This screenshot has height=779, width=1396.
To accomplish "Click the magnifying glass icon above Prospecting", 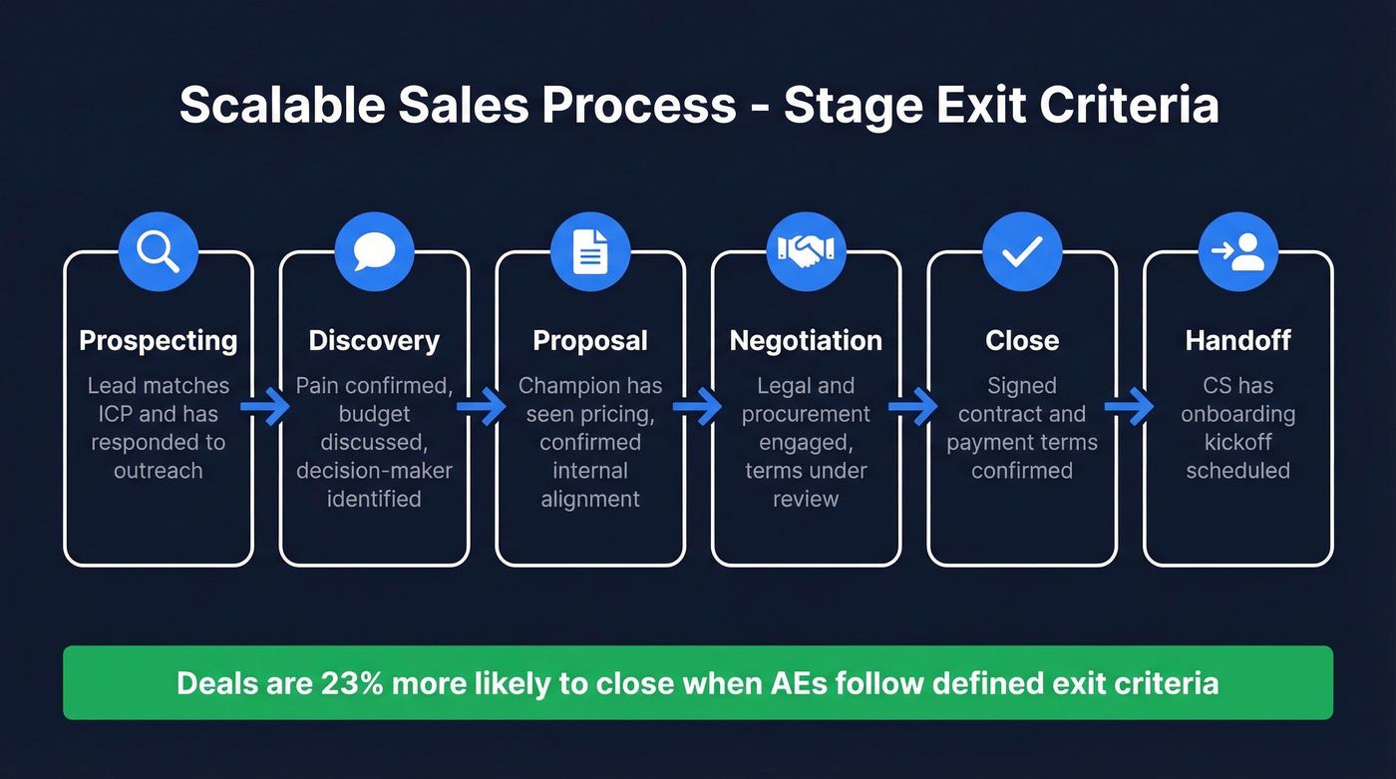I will pos(158,251).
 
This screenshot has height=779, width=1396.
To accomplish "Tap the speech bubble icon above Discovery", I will pos(374,251).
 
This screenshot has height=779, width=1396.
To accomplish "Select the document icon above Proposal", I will pos(590,251).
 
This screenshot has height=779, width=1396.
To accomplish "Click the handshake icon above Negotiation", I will pos(806,251).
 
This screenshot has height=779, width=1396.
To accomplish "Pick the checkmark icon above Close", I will pos(1022,251).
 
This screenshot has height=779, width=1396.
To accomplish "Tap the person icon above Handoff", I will pos(1237,251).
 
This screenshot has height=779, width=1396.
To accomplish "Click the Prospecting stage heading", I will pos(159,341).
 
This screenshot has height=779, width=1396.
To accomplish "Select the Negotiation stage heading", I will pos(806,341).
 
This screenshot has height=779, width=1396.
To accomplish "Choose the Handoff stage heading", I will pos(1237,341).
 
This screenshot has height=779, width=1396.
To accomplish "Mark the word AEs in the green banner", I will pos(792,683).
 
